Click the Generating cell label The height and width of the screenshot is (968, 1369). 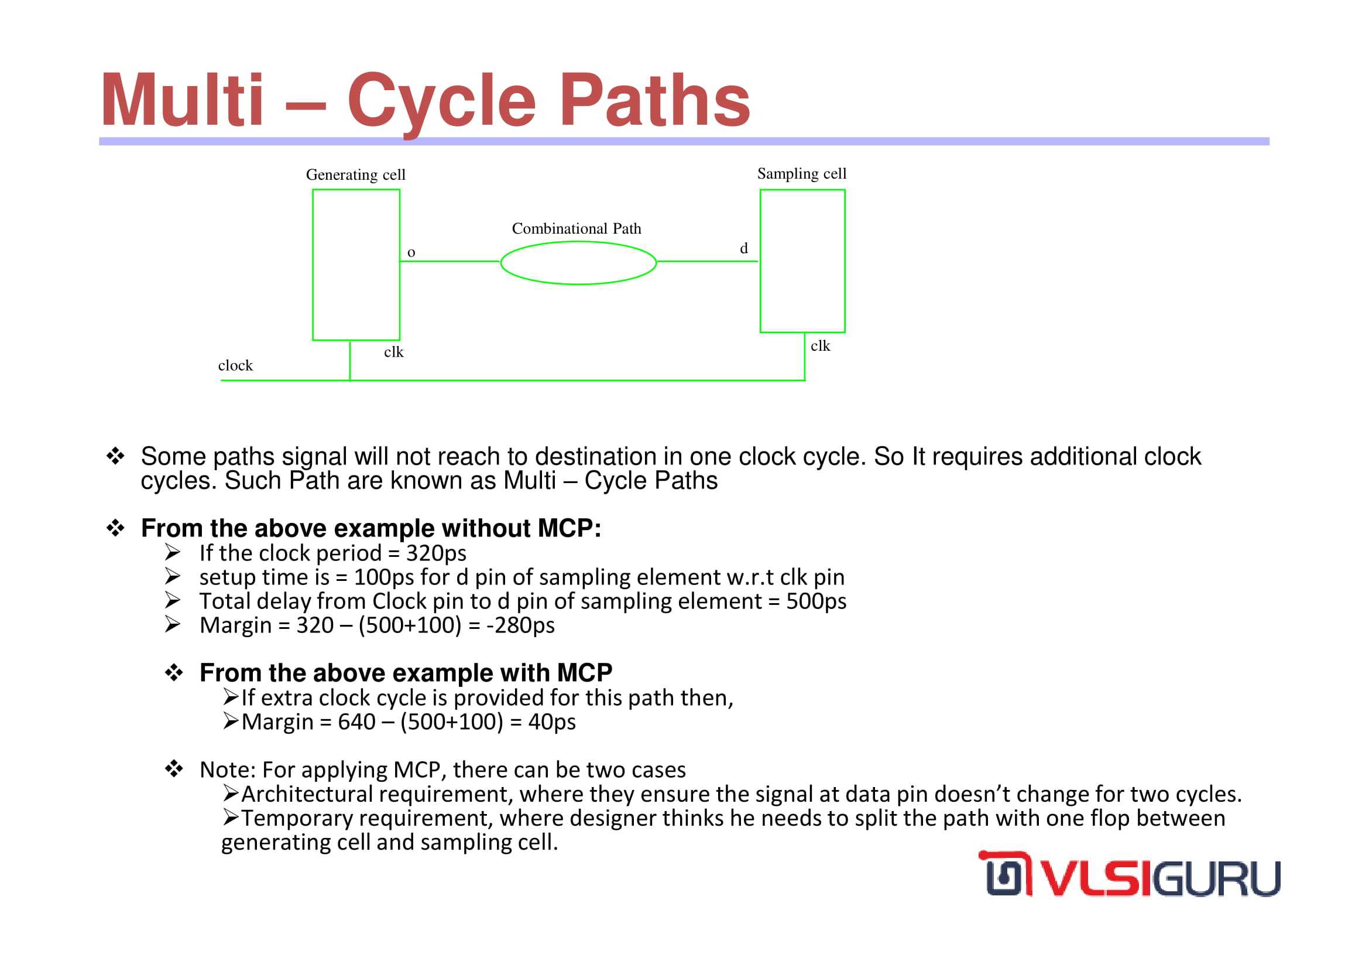(355, 175)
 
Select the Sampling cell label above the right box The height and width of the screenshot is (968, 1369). (801, 173)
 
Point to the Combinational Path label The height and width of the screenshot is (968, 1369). (577, 228)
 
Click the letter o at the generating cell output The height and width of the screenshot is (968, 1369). (411, 253)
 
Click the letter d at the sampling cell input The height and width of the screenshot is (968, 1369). (743, 248)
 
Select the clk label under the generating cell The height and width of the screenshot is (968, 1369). (393, 352)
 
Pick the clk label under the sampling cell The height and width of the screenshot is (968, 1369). (820, 346)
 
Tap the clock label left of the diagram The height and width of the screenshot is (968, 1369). (235, 365)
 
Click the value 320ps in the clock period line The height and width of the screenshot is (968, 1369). (436, 553)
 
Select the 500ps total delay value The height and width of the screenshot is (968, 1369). (816, 601)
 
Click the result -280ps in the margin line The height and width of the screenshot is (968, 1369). (520, 625)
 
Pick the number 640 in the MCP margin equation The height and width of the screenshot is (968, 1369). (356, 721)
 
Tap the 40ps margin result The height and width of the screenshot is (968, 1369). (551, 721)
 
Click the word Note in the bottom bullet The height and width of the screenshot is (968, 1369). (227, 770)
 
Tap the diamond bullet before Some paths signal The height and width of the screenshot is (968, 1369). (115, 456)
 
